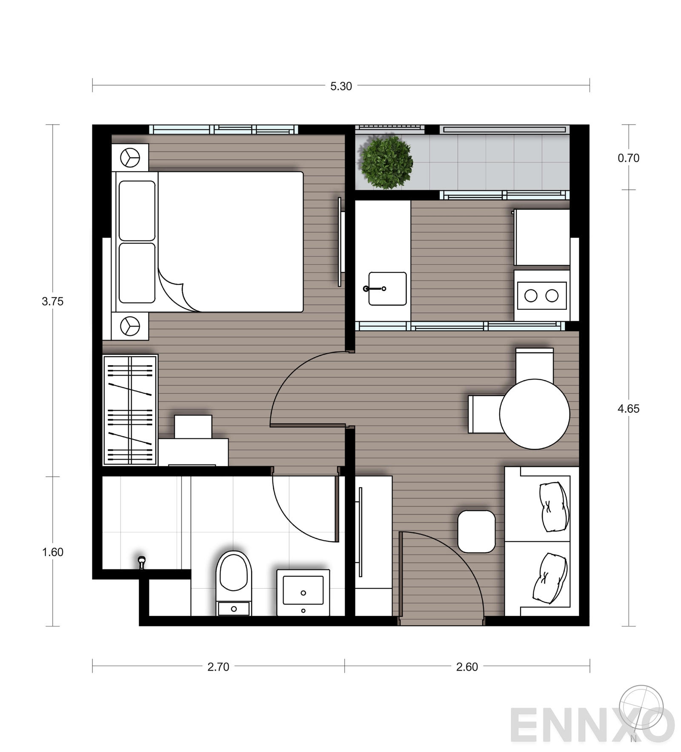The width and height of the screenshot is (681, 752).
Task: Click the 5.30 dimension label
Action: [341, 86]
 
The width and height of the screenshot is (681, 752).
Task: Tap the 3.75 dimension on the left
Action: [52, 302]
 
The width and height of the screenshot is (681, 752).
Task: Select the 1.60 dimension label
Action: [52, 552]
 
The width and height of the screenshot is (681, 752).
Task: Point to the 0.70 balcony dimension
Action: [628, 158]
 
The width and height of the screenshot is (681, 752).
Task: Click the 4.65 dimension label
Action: [628, 409]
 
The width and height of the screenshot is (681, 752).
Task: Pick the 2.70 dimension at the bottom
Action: [218, 667]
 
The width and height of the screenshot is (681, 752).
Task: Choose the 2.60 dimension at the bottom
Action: [467, 667]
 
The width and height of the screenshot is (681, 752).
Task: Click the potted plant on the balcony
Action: [386, 162]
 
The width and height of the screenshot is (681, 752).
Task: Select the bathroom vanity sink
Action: [303, 592]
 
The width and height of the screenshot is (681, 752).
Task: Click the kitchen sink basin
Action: [387, 289]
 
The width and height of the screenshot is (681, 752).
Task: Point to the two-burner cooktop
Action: [541, 295]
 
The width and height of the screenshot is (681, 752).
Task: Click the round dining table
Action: [534, 414]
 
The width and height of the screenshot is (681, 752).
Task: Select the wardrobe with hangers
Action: [130, 410]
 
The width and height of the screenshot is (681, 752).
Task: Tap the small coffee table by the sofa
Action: [476, 531]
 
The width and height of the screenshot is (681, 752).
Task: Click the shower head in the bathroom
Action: [142, 562]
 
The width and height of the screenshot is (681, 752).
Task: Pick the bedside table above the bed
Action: [130, 157]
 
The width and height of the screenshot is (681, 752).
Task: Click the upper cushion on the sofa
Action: [553, 506]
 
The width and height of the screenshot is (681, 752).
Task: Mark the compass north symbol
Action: [641, 709]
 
